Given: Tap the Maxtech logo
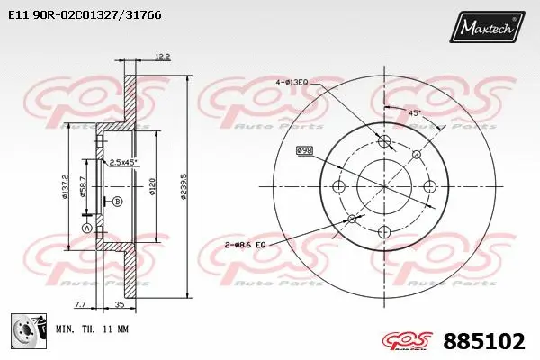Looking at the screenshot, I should (x=488, y=28).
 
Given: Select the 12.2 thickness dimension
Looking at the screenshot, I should (x=162, y=57).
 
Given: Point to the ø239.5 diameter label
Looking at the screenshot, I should (x=183, y=188).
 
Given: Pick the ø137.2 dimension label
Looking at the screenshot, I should (x=67, y=187).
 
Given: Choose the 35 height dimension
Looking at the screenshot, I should (x=120, y=305).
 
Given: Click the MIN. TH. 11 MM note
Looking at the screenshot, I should (x=92, y=329).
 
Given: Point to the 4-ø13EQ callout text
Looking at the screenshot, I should (x=292, y=82).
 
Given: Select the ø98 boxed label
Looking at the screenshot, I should (x=304, y=150).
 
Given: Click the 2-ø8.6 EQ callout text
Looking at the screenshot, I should (x=244, y=245).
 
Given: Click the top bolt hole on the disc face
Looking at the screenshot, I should (x=385, y=141).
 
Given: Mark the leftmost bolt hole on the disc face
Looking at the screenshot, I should (x=339, y=187).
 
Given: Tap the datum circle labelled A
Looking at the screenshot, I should (x=87, y=229).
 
